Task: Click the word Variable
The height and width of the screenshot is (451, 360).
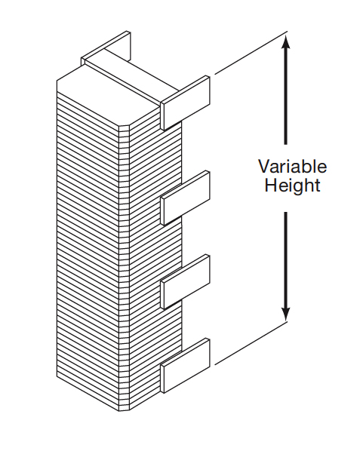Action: [x=292, y=167]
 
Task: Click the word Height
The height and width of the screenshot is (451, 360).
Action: [x=292, y=185]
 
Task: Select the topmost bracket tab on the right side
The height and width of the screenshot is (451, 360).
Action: [x=186, y=103]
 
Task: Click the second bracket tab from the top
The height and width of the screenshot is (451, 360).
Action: [x=186, y=198]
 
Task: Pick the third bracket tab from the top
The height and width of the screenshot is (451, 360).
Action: [x=186, y=281]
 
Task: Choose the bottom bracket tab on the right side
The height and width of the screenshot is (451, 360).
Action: [x=186, y=365]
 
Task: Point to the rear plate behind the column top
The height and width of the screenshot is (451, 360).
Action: [x=106, y=48]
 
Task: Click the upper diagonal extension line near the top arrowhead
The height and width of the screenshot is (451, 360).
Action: [x=251, y=53]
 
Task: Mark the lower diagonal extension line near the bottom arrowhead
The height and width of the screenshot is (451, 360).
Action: [x=251, y=343]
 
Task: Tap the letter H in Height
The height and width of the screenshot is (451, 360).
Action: [x=270, y=185]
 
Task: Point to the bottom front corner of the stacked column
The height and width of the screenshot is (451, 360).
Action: [x=125, y=410]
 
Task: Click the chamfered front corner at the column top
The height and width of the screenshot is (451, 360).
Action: [x=125, y=126]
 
